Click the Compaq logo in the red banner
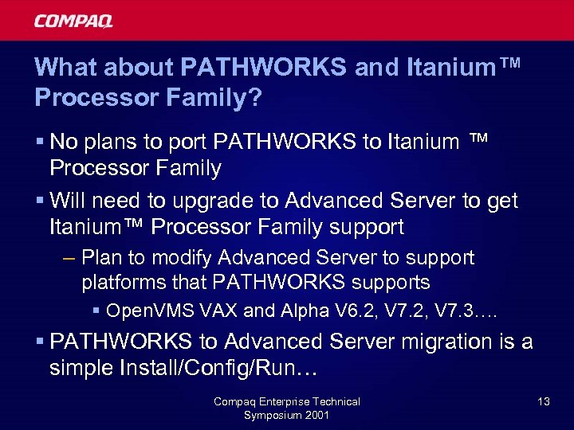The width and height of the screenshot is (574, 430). click(x=73, y=21)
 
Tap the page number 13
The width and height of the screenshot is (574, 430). click(x=543, y=401)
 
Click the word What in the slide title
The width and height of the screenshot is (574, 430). click(x=64, y=68)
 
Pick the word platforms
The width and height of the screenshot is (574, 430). click(x=119, y=282)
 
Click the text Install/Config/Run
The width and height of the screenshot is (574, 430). click(x=205, y=368)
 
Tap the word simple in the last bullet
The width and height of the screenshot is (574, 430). click(x=81, y=368)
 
